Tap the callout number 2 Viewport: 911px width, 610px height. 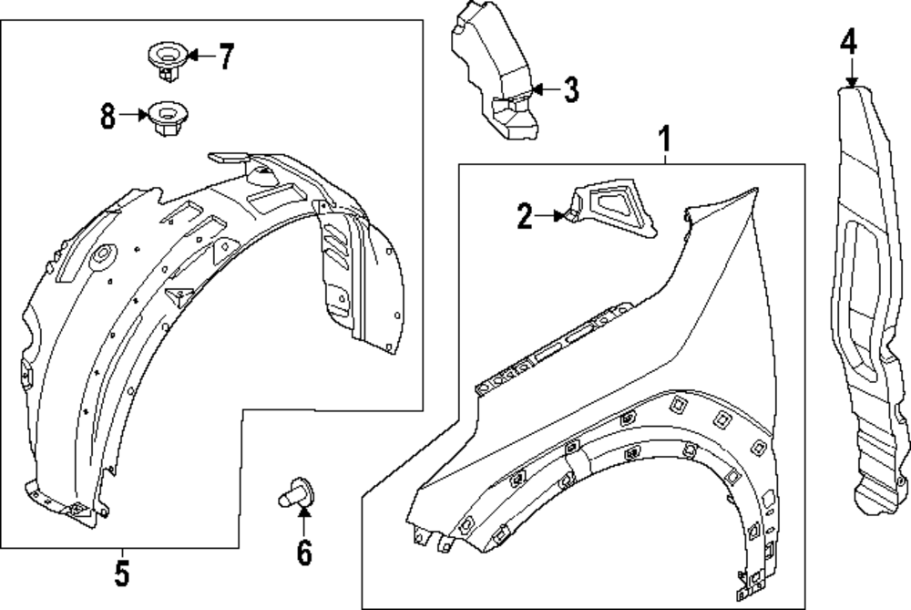pos(524,216)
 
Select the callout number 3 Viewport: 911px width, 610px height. pos(570,89)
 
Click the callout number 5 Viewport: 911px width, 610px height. pos(121,574)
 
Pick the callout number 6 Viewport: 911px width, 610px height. pos(303,551)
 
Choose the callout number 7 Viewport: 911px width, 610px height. pos(224,57)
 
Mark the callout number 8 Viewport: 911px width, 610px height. pos(107,116)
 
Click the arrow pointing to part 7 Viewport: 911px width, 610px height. pos(200,57)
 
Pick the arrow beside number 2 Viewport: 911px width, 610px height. pos(552,216)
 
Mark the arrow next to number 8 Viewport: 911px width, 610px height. pos(135,115)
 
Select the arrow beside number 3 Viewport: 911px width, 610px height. pos(544,89)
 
